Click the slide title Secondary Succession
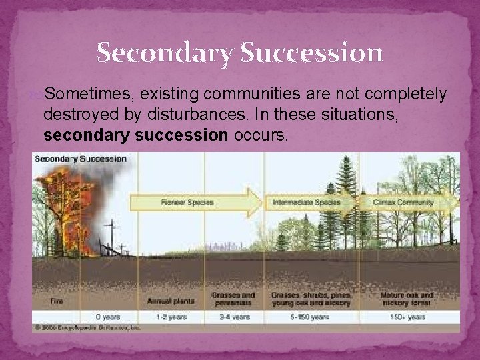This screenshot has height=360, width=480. (239, 52)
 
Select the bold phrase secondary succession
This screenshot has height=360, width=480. (135, 136)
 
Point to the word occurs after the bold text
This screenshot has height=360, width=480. (261, 136)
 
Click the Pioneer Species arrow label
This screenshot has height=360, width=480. (187, 202)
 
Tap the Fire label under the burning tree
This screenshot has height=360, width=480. (57, 301)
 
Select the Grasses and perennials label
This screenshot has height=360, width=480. (233, 298)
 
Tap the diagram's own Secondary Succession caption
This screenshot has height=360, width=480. (80, 159)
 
